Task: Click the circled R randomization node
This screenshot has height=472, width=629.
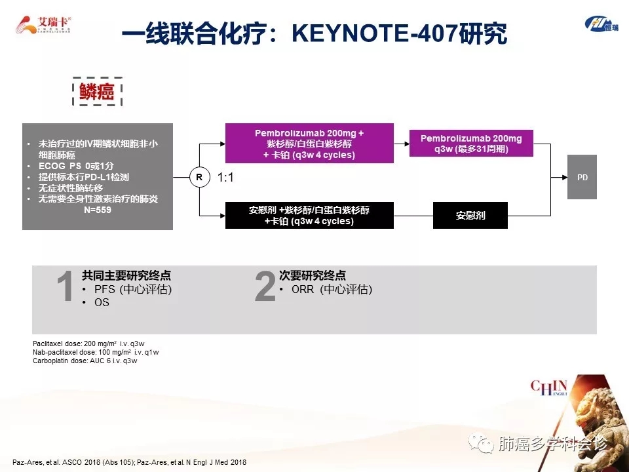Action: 199,177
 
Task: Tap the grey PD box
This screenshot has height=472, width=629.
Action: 582,177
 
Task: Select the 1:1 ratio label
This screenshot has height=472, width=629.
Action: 225,178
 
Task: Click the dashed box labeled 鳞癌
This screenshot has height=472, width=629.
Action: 97,92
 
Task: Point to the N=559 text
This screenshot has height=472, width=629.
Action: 98,210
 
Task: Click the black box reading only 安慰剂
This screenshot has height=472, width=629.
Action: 470,216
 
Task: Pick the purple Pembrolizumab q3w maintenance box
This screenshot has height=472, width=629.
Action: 471,144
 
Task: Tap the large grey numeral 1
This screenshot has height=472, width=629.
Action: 65,286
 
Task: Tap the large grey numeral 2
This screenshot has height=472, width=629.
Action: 265,286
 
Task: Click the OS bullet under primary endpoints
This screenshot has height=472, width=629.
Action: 102,302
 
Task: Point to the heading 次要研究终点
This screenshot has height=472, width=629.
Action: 312,275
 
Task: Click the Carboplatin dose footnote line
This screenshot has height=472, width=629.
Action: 85,361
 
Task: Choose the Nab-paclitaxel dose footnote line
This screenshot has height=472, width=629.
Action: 96,352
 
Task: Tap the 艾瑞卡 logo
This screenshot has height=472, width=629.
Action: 43,25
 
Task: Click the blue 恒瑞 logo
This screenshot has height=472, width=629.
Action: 601,24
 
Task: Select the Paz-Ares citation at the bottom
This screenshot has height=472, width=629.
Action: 129,462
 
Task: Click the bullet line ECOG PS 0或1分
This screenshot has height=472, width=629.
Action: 76,166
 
